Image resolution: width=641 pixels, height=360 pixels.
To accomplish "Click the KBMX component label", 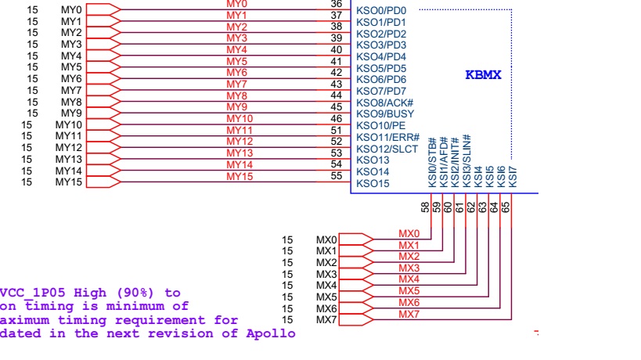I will (483, 75).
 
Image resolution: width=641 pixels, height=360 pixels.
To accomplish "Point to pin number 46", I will (337, 118).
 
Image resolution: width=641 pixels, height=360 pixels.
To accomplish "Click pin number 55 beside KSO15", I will (337, 175).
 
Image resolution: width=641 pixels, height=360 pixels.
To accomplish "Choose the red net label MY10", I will (239, 118).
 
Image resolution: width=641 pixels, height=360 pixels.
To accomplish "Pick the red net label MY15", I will (239, 176).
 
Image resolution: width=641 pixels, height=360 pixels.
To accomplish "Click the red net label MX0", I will (409, 233).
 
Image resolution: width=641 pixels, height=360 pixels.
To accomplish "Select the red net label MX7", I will (409, 314).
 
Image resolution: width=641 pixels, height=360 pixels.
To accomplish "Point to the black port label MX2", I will (326, 262).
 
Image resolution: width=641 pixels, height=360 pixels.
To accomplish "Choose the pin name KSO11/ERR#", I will (387, 137).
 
